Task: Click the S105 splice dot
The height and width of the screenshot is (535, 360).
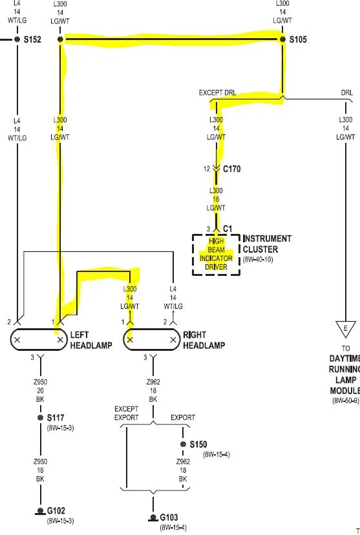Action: click(x=282, y=39)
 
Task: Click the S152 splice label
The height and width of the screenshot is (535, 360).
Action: click(x=32, y=39)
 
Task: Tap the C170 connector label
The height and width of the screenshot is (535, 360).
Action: click(x=231, y=169)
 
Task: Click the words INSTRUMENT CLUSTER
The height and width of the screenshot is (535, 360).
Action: click(x=267, y=244)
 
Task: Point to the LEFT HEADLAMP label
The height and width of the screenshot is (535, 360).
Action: click(x=91, y=340)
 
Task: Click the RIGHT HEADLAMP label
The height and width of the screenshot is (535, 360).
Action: click(x=204, y=340)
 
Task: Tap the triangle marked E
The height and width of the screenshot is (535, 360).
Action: click(x=346, y=329)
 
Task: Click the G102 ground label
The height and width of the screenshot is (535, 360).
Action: click(x=56, y=511)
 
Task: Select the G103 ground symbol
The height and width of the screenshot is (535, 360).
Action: click(x=153, y=518)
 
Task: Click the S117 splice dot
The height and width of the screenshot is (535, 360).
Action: click(x=40, y=417)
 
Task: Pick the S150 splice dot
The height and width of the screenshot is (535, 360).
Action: click(x=183, y=444)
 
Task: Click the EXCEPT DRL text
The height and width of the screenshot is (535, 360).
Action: click(x=217, y=93)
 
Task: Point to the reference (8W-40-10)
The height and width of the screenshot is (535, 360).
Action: click(x=258, y=260)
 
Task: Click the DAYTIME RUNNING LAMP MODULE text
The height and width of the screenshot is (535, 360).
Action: click(x=344, y=374)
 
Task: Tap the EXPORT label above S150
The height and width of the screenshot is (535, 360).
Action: click(x=183, y=417)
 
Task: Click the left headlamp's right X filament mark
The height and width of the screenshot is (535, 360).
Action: click(x=60, y=340)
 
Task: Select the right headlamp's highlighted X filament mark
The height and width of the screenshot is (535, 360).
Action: click(x=130, y=340)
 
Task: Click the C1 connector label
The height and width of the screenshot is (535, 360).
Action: click(x=228, y=229)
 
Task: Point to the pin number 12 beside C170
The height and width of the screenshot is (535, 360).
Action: click(x=207, y=169)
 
